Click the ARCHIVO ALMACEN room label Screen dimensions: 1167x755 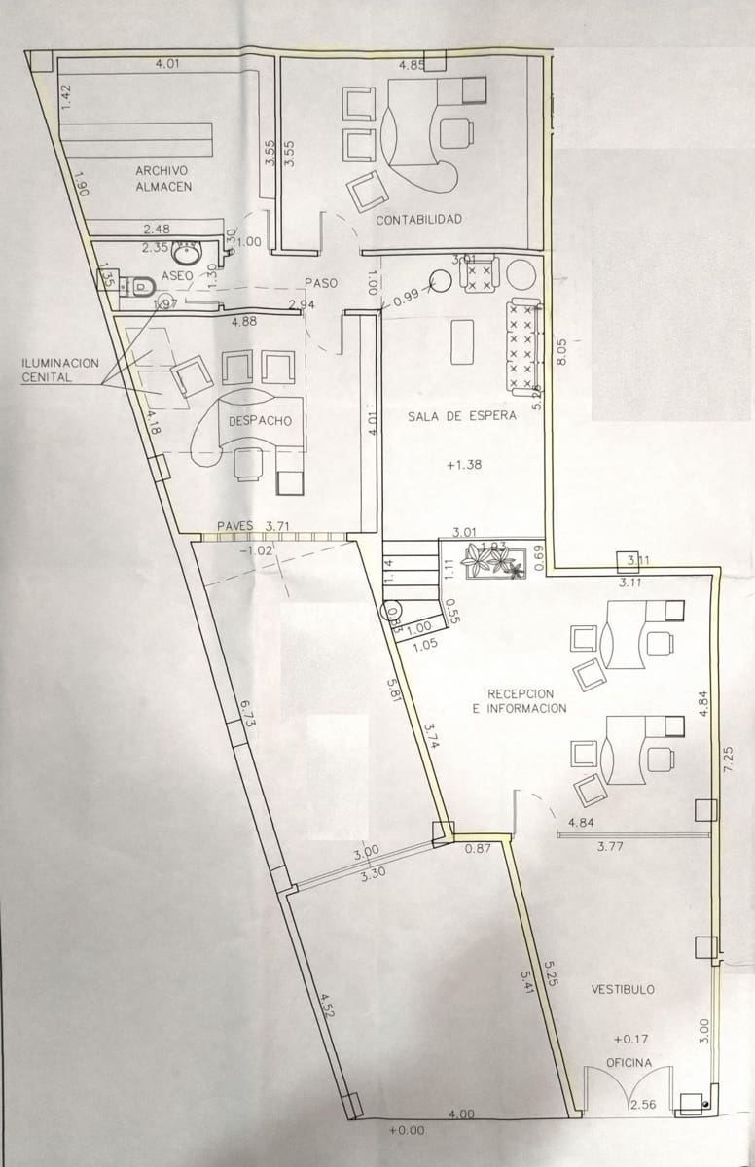(x=162, y=178)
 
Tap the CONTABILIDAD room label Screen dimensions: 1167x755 (x=418, y=219)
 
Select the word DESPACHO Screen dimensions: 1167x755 (x=260, y=421)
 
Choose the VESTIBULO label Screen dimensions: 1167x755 (x=623, y=989)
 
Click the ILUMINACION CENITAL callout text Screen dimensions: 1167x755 (x=60, y=370)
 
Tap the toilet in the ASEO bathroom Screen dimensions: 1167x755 (x=141, y=286)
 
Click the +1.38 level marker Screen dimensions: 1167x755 (x=464, y=466)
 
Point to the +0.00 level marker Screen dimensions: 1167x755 (x=406, y=1131)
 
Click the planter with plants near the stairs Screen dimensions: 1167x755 (x=492, y=561)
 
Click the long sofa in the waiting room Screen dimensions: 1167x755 (x=522, y=343)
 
